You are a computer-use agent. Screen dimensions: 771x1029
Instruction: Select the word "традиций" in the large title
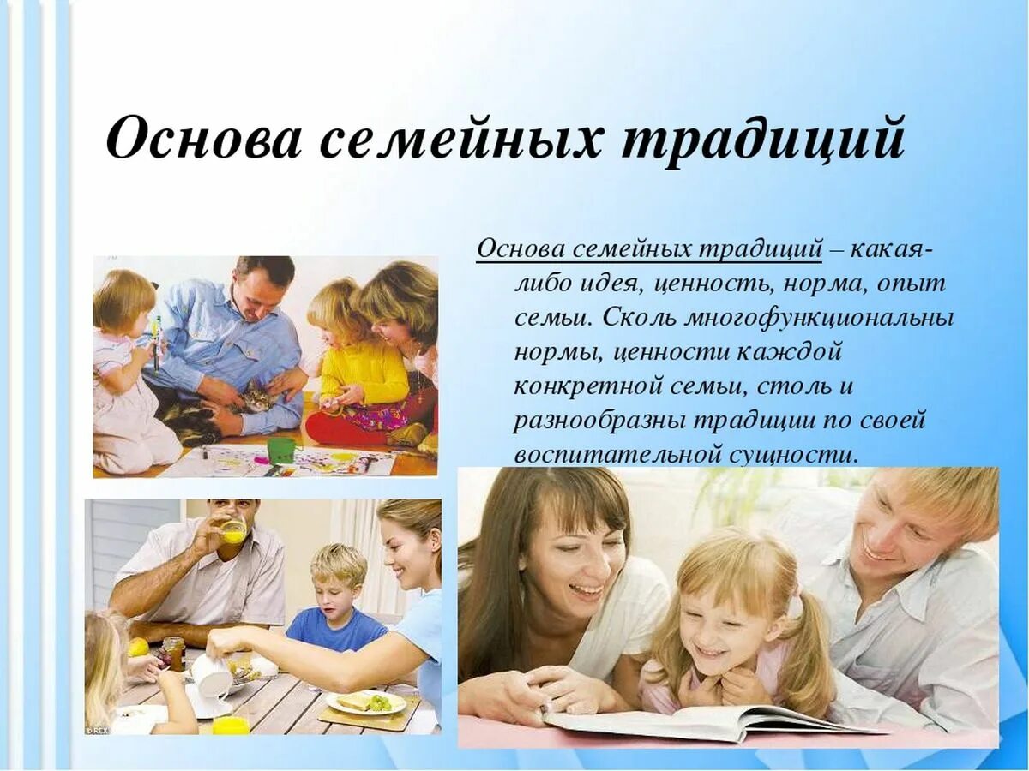pyautogui.click(x=763, y=138)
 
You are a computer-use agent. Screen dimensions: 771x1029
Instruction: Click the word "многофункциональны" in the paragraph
pyautogui.click(x=818, y=317)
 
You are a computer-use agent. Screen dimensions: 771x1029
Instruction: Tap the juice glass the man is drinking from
pyautogui.click(x=233, y=530)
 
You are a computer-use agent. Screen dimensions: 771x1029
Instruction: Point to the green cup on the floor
pyautogui.click(x=280, y=450)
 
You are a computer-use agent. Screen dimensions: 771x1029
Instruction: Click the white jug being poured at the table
pyautogui.click(x=210, y=677)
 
